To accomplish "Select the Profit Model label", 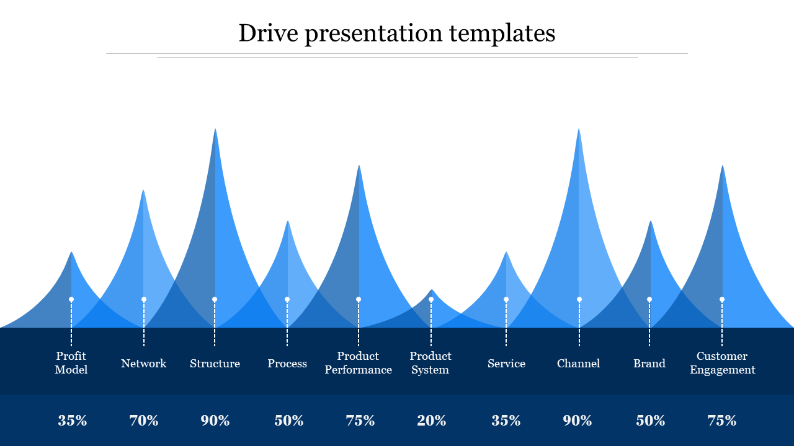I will tap(71, 363).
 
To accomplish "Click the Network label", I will tap(143, 364).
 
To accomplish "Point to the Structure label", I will tap(215, 364).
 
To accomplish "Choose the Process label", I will tap(287, 364).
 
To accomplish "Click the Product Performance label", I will tap(359, 363).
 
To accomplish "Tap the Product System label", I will tap(430, 363).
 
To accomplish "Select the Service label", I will tap(506, 364).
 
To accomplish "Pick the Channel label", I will tap(578, 364).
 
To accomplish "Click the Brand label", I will tap(649, 364).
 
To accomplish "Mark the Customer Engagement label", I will tap(722, 363).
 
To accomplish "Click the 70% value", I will tap(144, 421).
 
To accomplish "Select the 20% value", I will tap(432, 421).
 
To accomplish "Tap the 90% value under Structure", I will tap(215, 421).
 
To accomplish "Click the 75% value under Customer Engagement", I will tap(722, 421).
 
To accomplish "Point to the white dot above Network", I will tap(144, 299).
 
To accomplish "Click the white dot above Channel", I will tap(579, 299).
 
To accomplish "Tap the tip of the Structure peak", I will tap(215, 130).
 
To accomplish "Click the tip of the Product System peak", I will tap(432, 291).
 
